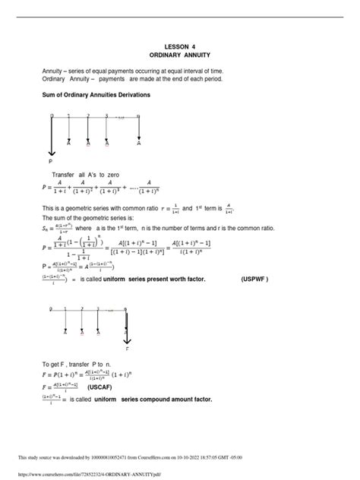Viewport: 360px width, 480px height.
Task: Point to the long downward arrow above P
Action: coord(52,137)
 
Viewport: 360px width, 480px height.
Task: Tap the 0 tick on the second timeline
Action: coord(52,309)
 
